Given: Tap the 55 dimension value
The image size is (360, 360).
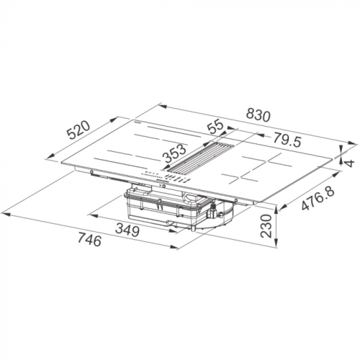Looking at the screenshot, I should click(x=215, y=127).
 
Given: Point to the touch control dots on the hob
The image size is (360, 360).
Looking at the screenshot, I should click(x=153, y=174).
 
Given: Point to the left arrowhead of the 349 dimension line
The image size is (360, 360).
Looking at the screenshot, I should click(x=94, y=213).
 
